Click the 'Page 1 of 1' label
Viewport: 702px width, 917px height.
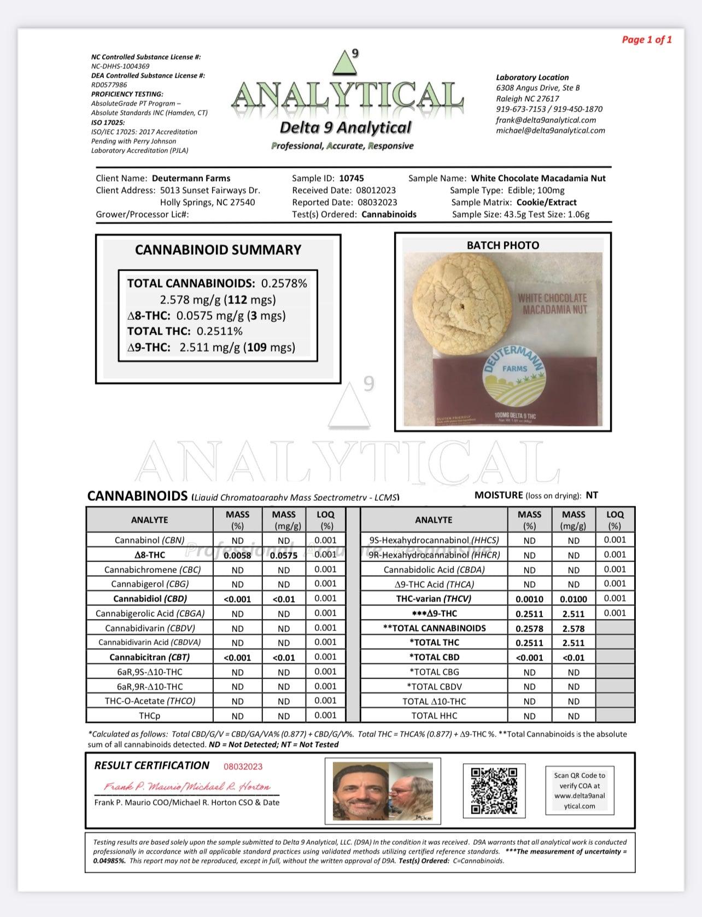[x=647, y=40]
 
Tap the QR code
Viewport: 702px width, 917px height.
[x=494, y=790]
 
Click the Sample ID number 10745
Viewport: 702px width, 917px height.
[x=351, y=178]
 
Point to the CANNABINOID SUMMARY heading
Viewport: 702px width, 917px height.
[x=218, y=250]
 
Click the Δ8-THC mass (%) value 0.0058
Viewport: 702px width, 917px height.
[x=237, y=555]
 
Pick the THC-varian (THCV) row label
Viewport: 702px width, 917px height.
[x=434, y=599]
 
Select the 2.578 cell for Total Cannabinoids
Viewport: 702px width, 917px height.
[x=573, y=628]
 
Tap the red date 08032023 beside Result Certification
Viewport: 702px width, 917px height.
[x=243, y=767]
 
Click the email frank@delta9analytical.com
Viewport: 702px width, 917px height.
[x=546, y=120]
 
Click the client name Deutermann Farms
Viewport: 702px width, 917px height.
[x=191, y=178]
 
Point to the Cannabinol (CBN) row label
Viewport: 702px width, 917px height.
[x=149, y=540]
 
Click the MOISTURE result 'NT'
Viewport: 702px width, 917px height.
[x=592, y=495]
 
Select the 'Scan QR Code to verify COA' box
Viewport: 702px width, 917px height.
[x=580, y=790]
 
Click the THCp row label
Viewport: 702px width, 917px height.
[x=149, y=716]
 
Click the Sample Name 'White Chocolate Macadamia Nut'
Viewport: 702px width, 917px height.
[x=538, y=178]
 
